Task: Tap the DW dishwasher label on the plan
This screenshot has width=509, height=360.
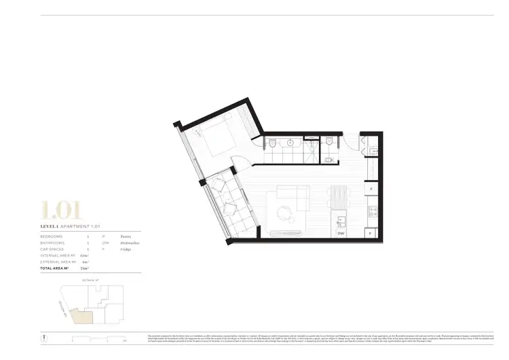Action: point(340,233)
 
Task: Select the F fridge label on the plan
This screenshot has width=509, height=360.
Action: point(371,189)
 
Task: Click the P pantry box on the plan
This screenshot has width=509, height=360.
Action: point(371,233)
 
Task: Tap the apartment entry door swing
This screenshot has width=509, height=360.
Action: point(351,141)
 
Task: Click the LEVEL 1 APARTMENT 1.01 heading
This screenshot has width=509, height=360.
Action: point(71,226)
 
